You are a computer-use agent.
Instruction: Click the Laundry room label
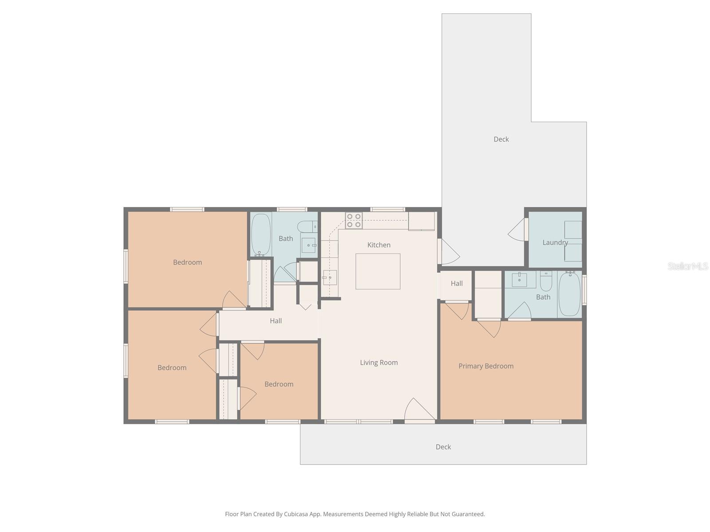[x=555, y=243]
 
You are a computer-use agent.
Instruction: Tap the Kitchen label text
[x=379, y=245]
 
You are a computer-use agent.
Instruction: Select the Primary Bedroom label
[x=486, y=366]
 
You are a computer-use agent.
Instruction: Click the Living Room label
[x=379, y=362]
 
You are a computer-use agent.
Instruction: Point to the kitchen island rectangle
[x=378, y=271]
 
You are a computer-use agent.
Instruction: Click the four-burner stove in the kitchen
[x=354, y=220]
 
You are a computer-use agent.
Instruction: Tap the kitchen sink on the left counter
[x=329, y=278]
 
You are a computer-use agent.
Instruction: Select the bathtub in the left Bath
[x=261, y=235]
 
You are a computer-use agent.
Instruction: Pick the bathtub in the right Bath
[x=569, y=294]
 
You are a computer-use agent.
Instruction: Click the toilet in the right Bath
[x=546, y=281]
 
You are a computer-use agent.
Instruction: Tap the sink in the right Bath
[x=519, y=280]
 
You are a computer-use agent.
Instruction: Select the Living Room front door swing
[x=419, y=410]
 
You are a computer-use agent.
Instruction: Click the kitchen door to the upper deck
[x=448, y=251]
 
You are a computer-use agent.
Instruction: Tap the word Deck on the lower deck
[x=443, y=447]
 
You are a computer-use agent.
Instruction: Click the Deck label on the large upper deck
[x=501, y=139]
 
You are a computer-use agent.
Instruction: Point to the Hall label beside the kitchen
[x=457, y=283]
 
